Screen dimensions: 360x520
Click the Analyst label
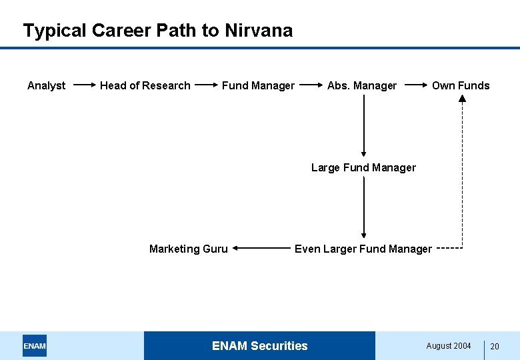click(46, 85)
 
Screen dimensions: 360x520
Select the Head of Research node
click(145, 85)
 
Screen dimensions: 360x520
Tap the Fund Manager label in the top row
click(258, 85)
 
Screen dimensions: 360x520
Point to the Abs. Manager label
click(362, 85)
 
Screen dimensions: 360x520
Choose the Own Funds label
click(461, 85)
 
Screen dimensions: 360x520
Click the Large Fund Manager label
click(363, 167)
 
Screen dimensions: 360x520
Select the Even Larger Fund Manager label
click(363, 249)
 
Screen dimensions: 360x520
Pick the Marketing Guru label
click(189, 249)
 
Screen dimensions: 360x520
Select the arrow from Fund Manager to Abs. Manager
click(310, 85)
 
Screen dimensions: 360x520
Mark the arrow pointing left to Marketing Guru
click(262, 249)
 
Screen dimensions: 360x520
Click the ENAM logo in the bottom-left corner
click(35, 345)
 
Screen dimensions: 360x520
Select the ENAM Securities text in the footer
click(260, 345)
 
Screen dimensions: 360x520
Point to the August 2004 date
click(449, 345)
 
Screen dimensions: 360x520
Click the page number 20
click(495, 346)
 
